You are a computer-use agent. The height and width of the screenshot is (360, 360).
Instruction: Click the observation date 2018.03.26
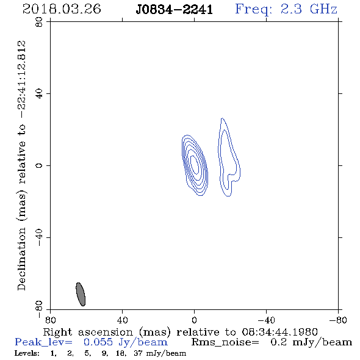(62, 9)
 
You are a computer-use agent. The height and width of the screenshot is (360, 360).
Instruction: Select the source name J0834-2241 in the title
(175, 9)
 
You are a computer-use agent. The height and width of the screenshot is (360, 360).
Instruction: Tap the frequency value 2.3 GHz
(309, 9)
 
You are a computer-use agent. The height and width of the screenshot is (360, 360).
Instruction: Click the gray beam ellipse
(81, 294)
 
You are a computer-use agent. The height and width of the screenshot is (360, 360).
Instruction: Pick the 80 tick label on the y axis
(39, 22)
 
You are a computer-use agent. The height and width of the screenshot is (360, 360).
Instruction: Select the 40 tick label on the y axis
(39, 94)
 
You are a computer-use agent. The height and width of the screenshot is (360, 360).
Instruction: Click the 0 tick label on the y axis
(39, 165)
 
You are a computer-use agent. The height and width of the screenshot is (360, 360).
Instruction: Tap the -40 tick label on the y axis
(39, 237)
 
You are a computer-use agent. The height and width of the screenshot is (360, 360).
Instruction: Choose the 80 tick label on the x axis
(50, 320)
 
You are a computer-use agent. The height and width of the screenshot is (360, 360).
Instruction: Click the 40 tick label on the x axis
(122, 320)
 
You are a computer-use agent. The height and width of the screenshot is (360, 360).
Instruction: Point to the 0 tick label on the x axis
(194, 320)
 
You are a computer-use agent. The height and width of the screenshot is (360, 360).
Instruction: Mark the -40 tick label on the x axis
(266, 320)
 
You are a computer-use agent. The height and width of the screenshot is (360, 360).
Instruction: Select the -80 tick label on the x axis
(338, 320)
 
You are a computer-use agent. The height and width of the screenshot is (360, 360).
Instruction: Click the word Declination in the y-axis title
(21, 259)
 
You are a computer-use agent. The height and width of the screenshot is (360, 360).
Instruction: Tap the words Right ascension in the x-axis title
(88, 332)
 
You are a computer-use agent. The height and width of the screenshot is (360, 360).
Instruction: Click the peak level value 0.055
(98, 342)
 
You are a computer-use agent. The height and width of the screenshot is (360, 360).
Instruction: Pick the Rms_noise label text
(225, 342)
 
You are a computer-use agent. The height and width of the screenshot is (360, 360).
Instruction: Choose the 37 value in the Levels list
(139, 353)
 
